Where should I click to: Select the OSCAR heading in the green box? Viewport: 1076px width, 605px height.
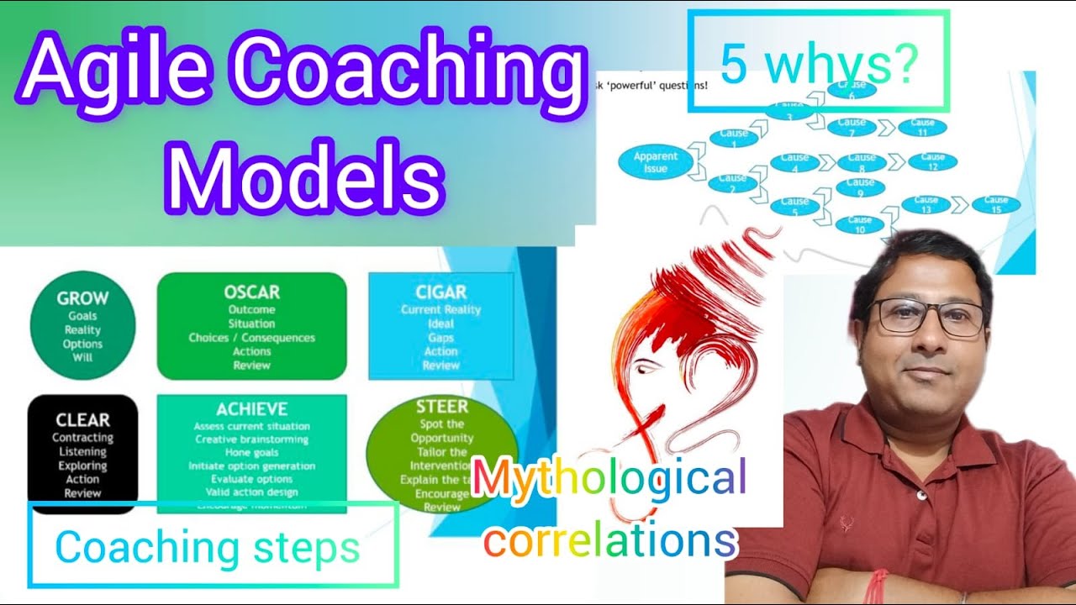click(251, 292)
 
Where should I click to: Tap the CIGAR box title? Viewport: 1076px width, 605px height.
click(440, 292)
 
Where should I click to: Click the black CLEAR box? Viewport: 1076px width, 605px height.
click(82, 454)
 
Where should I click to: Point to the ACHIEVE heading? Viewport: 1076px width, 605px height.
click(251, 409)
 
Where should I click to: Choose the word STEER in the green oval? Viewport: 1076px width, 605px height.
click(441, 408)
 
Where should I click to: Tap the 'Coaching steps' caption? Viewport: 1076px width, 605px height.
click(208, 548)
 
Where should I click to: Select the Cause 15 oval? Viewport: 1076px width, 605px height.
click(995, 204)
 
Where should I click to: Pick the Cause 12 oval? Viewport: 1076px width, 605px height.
click(932, 161)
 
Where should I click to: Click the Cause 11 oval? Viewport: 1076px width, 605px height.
click(921, 128)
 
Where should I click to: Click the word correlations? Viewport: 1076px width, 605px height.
click(610, 540)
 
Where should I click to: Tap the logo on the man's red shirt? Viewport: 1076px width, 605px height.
click(846, 526)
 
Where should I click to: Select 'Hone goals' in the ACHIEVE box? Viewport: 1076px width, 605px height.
click(251, 452)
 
